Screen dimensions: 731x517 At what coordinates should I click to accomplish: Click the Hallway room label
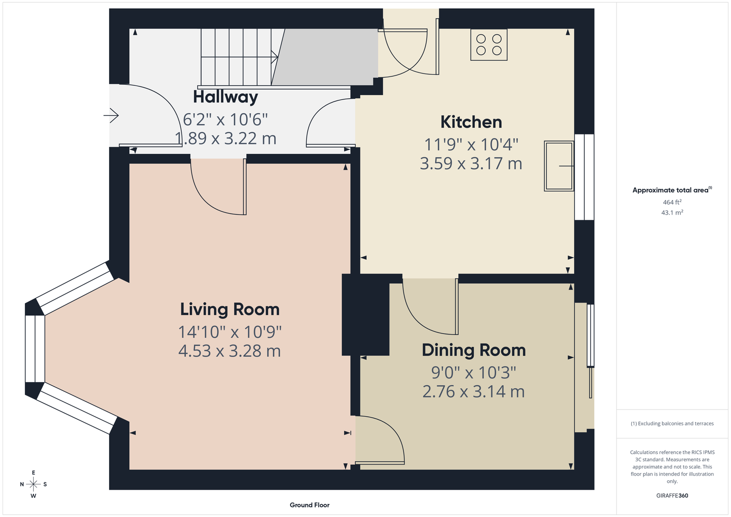pos(226,97)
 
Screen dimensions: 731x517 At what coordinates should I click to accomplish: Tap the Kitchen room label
pos(471,122)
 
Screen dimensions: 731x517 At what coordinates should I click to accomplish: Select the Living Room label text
pos(230,310)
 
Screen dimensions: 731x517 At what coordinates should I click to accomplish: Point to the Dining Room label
pos(474,351)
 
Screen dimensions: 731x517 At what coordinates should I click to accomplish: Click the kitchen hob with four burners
pos(489,44)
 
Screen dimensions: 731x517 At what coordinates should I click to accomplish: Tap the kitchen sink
pos(559,166)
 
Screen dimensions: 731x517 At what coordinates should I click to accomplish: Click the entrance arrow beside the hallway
pos(111,115)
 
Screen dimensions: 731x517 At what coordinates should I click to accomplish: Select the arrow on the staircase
pos(275,57)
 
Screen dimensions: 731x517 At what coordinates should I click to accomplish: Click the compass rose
pos(33,484)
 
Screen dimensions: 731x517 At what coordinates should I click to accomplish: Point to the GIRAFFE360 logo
pos(672,495)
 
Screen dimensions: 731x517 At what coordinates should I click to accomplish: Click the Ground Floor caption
pos(310,505)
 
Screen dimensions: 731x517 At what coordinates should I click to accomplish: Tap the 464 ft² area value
pos(672,202)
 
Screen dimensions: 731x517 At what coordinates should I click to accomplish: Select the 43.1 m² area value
pos(672,212)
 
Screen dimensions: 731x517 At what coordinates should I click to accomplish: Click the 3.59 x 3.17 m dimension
pos(471,164)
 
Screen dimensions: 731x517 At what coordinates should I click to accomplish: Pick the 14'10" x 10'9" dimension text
pos(230,332)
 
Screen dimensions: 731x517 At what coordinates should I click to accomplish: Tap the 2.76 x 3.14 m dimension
pos(473,392)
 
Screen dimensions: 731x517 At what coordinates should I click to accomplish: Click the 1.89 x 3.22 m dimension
pos(226,139)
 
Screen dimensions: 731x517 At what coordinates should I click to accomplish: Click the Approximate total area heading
pos(672,190)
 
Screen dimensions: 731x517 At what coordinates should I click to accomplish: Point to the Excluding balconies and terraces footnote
pos(672,423)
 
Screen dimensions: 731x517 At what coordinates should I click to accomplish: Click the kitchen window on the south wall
pos(584,177)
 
